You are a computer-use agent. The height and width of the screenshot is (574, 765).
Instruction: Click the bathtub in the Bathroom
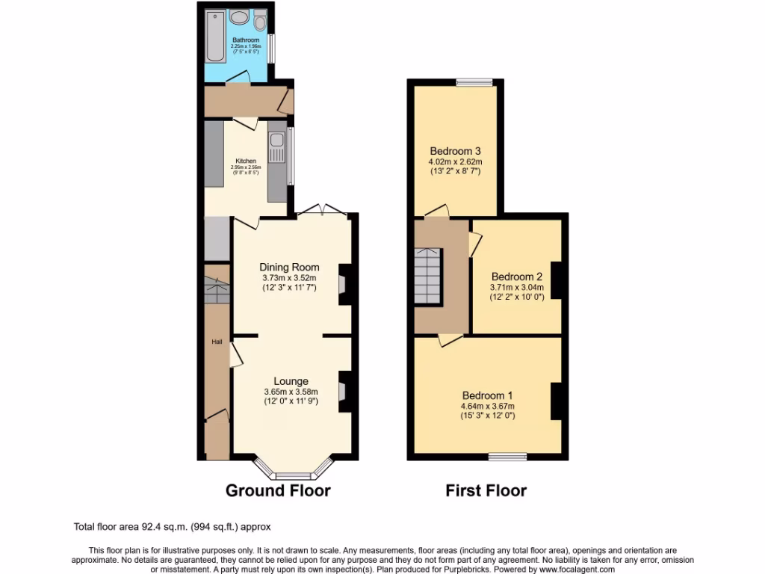tap(215, 37)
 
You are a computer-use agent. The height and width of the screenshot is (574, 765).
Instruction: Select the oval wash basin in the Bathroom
tap(239, 18)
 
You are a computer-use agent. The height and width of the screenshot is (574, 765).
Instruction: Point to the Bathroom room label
tap(245, 40)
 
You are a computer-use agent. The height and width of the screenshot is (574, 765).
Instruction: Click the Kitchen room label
tap(246, 161)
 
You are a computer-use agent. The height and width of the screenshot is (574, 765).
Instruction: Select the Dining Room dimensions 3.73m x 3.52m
tap(289, 278)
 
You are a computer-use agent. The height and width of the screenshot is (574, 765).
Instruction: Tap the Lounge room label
tap(291, 381)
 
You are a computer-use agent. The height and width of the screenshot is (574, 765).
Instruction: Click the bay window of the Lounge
tap(291, 474)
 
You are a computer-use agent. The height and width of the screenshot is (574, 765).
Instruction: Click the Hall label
tap(217, 342)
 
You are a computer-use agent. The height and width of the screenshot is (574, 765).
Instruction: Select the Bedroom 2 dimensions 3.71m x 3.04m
tap(516, 287)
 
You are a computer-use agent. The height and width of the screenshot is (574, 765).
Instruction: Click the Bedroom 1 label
tap(487, 395)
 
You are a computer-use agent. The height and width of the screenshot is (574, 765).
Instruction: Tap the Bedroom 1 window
tap(508, 456)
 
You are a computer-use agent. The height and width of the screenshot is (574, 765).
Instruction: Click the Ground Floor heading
tap(278, 490)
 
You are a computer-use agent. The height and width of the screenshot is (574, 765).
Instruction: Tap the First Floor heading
tap(486, 490)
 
